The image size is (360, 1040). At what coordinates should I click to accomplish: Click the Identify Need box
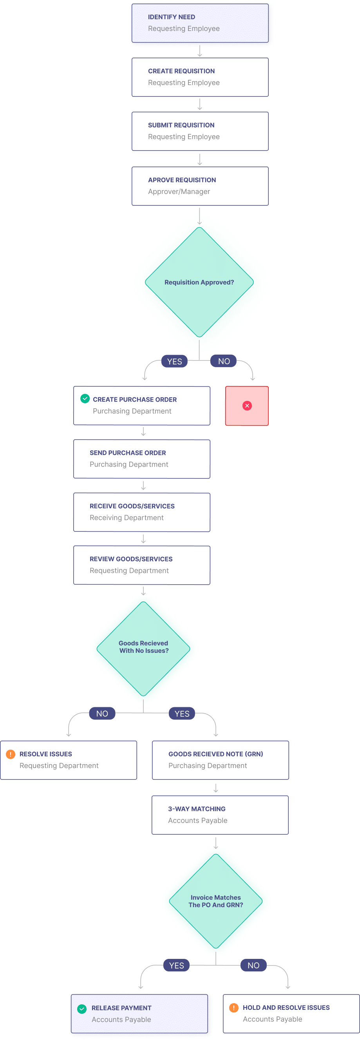coord(200,23)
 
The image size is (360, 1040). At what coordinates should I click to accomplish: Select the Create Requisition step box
coord(200,77)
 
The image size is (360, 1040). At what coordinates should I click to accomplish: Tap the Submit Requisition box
coord(200,131)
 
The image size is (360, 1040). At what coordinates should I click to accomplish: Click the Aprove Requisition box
coord(200,186)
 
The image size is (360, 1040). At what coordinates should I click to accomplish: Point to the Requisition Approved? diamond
coord(199,282)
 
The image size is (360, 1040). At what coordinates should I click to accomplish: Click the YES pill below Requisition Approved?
coord(174,361)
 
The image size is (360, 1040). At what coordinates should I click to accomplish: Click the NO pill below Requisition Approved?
coord(224,361)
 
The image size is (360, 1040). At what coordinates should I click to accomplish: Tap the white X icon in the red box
coord(247,406)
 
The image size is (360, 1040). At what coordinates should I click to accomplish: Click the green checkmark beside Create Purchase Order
coord(85,399)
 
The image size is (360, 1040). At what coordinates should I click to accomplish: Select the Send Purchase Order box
coord(142,459)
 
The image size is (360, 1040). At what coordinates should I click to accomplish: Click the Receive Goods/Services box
coord(142,512)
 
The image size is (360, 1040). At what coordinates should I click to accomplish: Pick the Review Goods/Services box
coord(142,565)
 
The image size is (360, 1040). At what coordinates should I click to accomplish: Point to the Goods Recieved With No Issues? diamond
coord(143,647)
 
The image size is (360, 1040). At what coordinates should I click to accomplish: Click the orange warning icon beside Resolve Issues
coord(11,754)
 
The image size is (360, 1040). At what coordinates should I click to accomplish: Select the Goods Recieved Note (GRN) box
coord(221,760)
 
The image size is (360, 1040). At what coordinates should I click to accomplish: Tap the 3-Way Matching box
coord(220,815)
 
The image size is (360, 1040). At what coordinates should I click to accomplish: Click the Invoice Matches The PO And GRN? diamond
coord(216,901)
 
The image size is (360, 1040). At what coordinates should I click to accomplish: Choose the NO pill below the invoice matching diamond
coord(253,965)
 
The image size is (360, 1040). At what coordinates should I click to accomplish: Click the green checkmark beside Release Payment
coord(82,1009)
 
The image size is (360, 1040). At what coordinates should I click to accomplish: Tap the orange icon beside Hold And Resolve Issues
coord(234,1008)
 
